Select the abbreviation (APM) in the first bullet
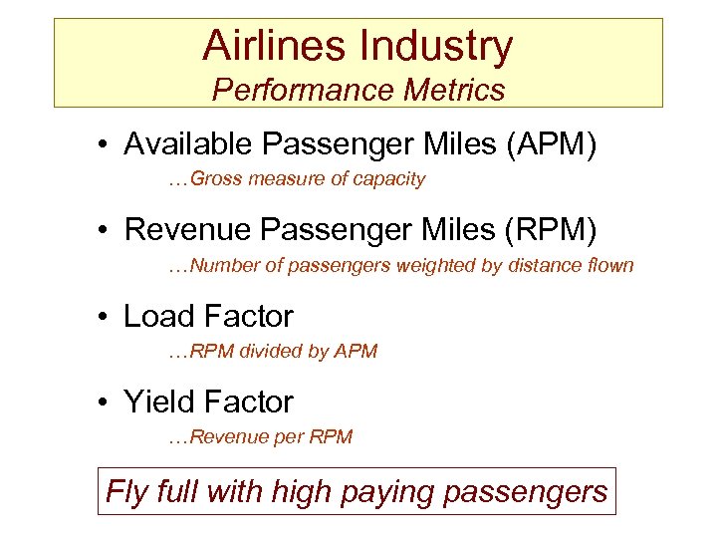pos(552,145)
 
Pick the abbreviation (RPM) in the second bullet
pos(553,231)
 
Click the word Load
pos(157,317)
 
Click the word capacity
pos(391,180)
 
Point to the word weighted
pos(444,266)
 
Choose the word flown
pos(609,266)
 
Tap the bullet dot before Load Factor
pos(105,318)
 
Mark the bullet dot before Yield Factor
pos(105,403)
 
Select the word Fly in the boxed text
pos(126,492)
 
